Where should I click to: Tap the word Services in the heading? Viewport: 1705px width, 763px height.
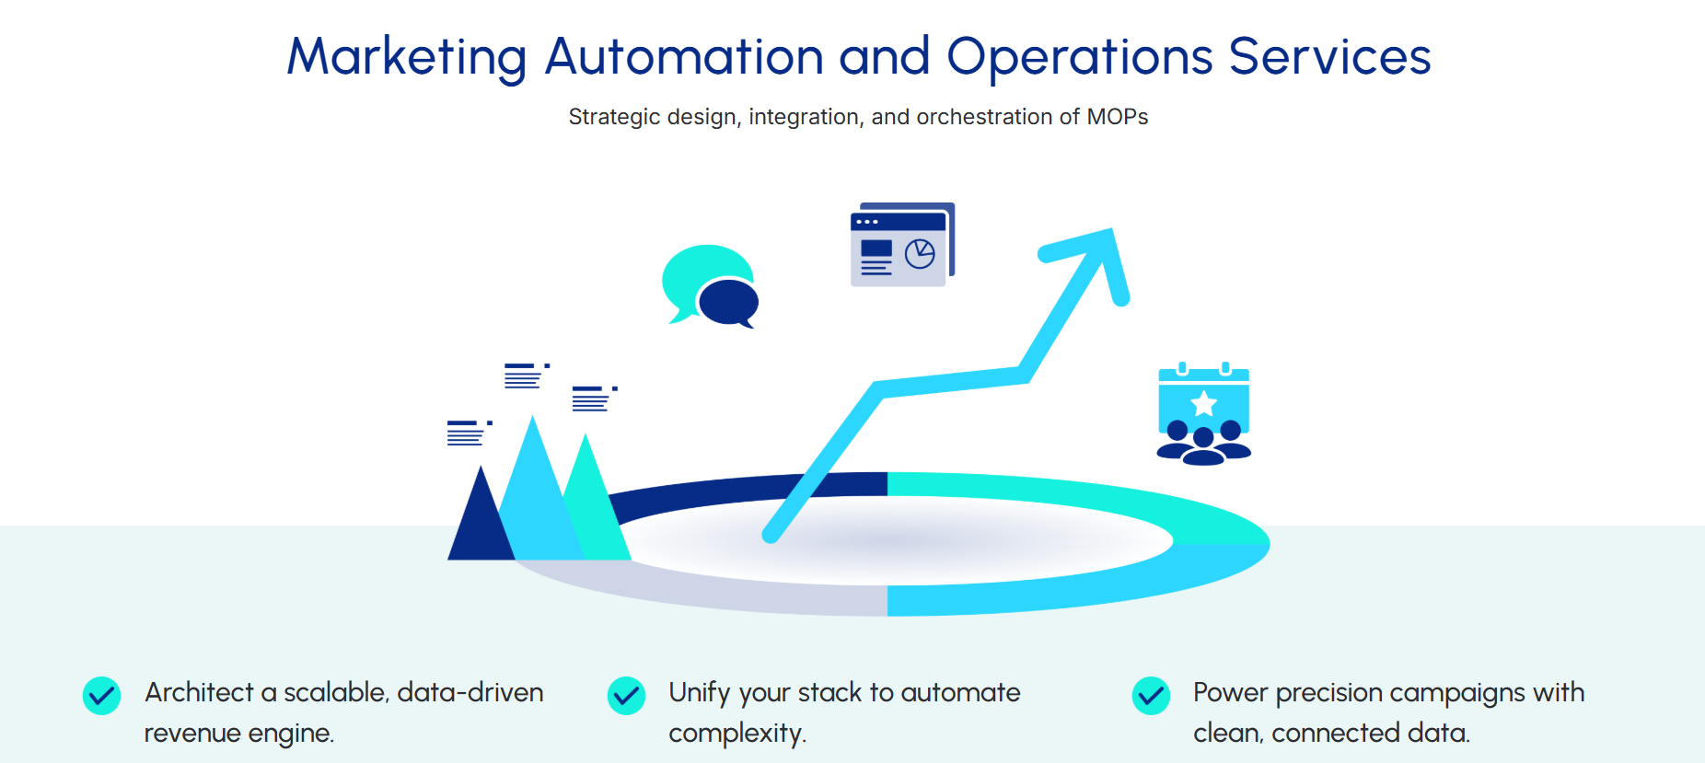[x=1329, y=57]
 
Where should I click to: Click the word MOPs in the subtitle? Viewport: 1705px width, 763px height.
[x=1117, y=117]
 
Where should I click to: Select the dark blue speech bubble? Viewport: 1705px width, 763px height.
[x=728, y=301]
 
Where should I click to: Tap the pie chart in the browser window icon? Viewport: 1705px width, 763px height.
[x=920, y=254]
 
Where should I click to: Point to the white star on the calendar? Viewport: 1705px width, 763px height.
[x=1203, y=403]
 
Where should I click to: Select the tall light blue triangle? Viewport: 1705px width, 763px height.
[x=535, y=488]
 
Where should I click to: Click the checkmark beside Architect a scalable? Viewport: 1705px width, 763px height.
[x=101, y=696]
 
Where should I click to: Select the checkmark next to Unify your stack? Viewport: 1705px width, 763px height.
[x=626, y=696]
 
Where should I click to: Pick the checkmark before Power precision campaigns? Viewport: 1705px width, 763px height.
[x=1151, y=696]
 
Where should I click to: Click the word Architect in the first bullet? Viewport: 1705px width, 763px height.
[x=199, y=692]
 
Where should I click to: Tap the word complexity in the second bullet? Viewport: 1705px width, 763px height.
[x=737, y=734]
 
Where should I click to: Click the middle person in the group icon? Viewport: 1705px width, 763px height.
[x=1203, y=443]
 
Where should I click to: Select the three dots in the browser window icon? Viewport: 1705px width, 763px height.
[x=866, y=222]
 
